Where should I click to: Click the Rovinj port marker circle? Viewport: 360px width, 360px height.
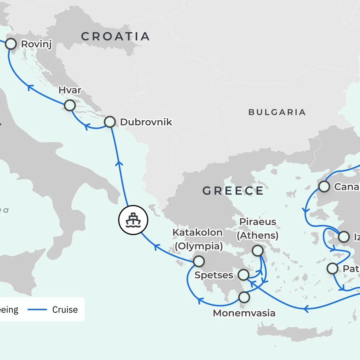coord(11,44)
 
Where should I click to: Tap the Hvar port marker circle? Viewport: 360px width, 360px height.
coord(70,106)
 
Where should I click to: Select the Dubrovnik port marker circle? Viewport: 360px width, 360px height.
coord(110,122)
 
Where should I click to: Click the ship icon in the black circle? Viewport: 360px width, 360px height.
coord(133,220)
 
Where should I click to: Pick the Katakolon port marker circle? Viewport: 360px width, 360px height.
coord(199,261)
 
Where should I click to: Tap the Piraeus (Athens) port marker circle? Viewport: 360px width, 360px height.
coord(257,250)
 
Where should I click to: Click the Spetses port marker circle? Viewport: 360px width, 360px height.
coord(243,274)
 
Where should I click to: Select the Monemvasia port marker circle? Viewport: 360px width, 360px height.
coord(244,297)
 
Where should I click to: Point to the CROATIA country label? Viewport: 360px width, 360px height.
coord(115,37)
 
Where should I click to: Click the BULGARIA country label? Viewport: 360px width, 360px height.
coord(277,112)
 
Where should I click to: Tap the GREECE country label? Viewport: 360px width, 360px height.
coord(233,191)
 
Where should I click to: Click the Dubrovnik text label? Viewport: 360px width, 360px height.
coord(146,122)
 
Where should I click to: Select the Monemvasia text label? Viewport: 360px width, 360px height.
coord(244,313)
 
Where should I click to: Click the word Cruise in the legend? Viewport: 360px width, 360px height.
coord(65,310)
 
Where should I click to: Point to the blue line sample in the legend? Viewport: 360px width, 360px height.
coord(37,310)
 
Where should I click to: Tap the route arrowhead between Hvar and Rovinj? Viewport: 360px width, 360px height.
coord(30,87)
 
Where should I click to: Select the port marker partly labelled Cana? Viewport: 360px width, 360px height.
coord(324,186)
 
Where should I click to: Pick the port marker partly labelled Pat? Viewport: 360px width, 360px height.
coord(332,268)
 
